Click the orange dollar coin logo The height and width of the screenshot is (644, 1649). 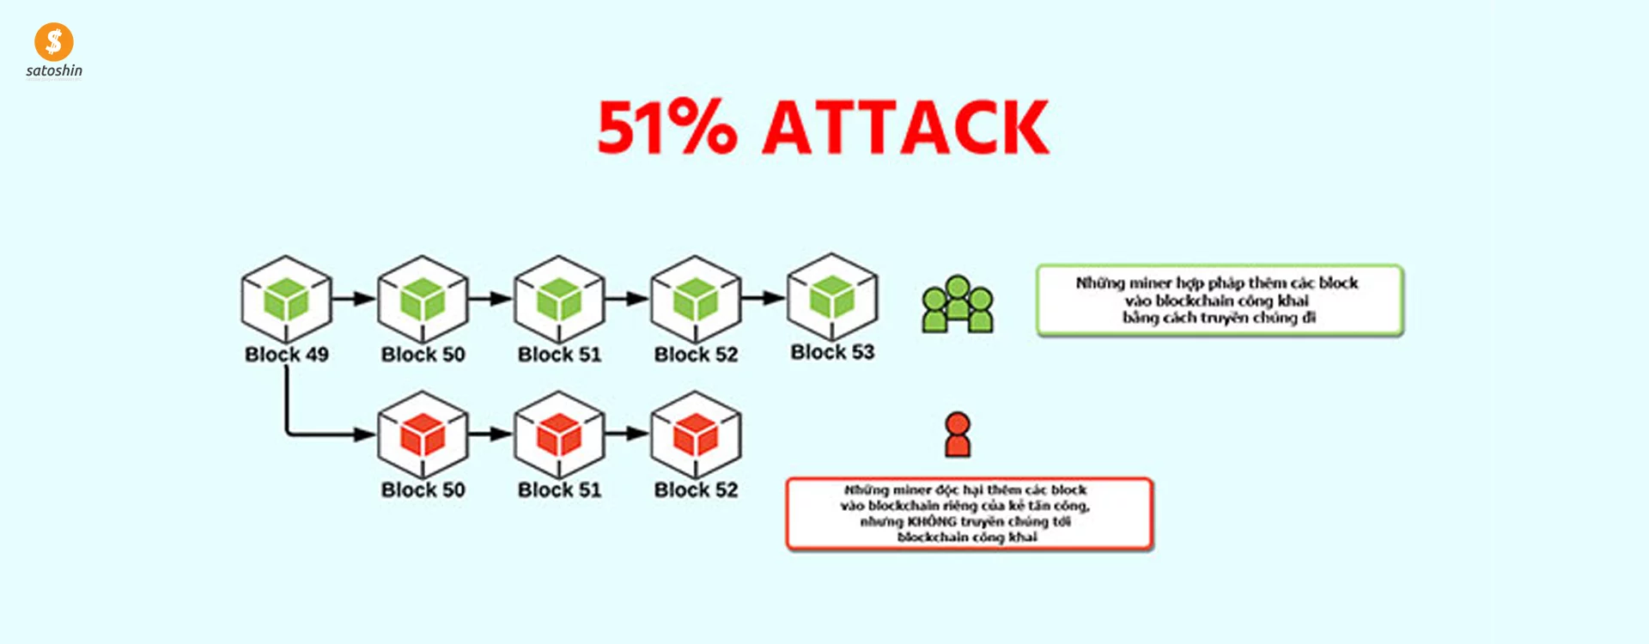pyautogui.click(x=54, y=41)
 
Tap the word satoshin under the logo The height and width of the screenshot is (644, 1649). pyautogui.click(x=54, y=71)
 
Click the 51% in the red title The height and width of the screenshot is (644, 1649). pyautogui.click(x=667, y=127)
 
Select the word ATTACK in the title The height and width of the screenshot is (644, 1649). pyautogui.click(x=906, y=127)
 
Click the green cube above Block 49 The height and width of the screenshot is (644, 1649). pyautogui.click(x=286, y=299)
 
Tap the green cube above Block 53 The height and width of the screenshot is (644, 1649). pyautogui.click(x=832, y=297)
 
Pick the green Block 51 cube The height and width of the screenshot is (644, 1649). pyautogui.click(x=559, y=299)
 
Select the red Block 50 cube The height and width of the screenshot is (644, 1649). pyautogui.click(x=423, y=434)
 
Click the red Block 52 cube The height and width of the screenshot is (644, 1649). pyautogui.click(x=696, y=434)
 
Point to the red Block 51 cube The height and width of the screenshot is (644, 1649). pyautogui.click(x=559, y=434)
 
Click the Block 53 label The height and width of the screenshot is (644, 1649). pyautogui.click(x=832, y=352)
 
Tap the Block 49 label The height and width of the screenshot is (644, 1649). pyautogui.click(x=286, y=355)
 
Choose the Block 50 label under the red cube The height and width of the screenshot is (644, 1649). pyautogui.click(x=423, y=490)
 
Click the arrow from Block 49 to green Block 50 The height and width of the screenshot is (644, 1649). pyautogui.click(x=354, y=299)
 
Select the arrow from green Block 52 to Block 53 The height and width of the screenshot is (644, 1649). pyautogui.click(x=764, y=299)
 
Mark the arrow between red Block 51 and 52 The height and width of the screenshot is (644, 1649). pyautogui.click(x=627, y=434)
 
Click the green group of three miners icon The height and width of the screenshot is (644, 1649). pyautogui.click(x=958, y=305)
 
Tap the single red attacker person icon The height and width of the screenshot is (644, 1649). pyautogui.click(x=958, y=434)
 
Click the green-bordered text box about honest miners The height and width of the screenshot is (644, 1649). pyautogui.click(x=1220, y=301)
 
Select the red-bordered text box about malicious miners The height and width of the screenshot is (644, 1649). pyautogui.click(x=969, y=513)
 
